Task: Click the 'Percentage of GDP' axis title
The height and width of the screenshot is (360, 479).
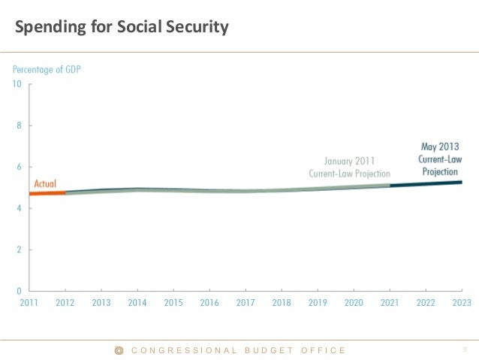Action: [47, 70]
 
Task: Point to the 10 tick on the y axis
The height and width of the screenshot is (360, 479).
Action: [17, 84]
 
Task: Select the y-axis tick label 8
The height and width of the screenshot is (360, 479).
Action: [19, 126]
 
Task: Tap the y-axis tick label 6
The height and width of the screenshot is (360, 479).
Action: [19, 167]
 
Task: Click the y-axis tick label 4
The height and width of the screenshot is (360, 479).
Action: [19, 208]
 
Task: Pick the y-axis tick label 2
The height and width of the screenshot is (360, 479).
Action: [19, 250]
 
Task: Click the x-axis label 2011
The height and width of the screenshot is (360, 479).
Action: [29, 303]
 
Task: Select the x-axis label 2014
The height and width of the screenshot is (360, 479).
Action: [137, 303]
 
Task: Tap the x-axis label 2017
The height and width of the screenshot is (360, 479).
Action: [246, 303]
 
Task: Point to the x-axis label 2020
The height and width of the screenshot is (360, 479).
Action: [354, 303]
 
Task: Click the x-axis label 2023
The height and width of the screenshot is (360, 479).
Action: [461, 303]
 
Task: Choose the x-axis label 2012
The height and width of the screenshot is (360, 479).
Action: [65, 303]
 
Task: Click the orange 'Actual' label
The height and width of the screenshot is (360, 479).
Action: [45, 183]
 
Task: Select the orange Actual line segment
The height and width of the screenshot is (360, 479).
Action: [47, 193]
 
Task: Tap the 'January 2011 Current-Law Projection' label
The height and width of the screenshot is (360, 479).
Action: [349, 167]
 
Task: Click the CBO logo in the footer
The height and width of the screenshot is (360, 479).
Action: [118, 349]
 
